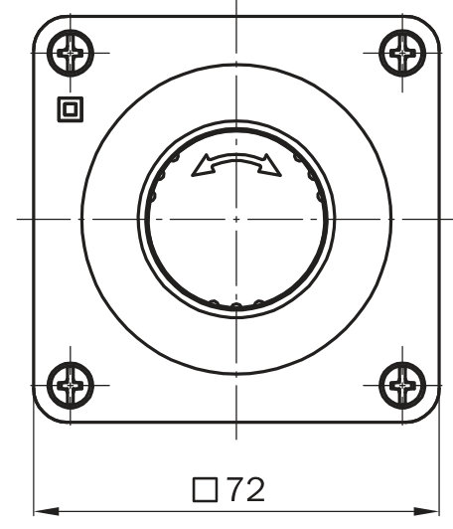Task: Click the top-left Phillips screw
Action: tap(71, 53)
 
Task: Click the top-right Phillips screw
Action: tap(402, 53)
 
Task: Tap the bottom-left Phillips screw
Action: tap(71, 385)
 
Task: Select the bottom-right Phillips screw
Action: tap(402, 385)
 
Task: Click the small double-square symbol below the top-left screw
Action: tap(71, 109)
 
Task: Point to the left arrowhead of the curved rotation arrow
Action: tap(201, 166)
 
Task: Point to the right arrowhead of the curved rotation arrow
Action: tap(270, 166)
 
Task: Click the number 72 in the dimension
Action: tap(246, 489)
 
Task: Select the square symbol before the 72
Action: tap(205, 489)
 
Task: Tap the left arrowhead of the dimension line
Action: tap(46, 511)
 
